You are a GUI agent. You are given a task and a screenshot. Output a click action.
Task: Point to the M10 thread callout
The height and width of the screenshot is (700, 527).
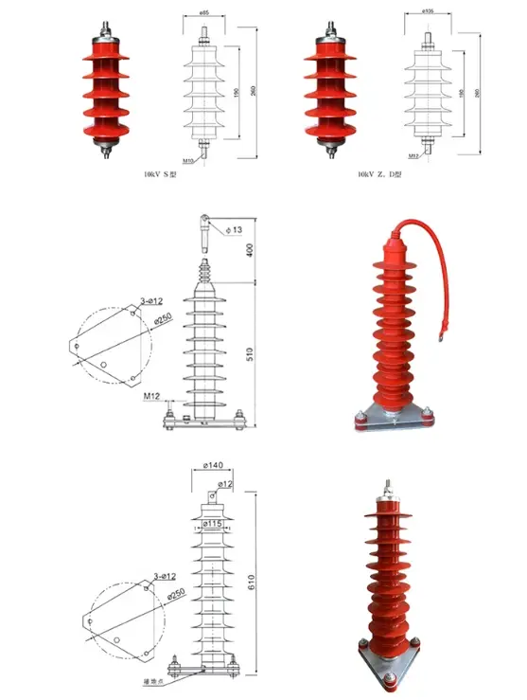click(x=190, y=161)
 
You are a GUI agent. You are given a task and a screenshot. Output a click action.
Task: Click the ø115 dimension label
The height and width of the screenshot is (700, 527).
click(x=214, y=525)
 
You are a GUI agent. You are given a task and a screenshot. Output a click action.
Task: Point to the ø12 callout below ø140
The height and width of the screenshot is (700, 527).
click(x=225, y=484)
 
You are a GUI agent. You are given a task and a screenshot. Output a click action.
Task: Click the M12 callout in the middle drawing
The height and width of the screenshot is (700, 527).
click(x=151, y=394)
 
